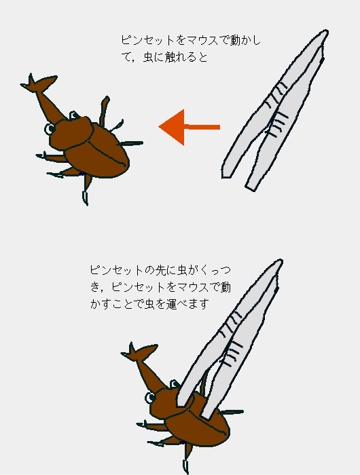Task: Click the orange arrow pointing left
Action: coord(190,128)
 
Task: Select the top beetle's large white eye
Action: coord(50,129)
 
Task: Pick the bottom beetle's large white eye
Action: coord(150,398)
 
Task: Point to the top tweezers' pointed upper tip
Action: coord(326,31)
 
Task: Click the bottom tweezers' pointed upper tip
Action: coord(281,261)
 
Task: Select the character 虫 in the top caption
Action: coord(148,57)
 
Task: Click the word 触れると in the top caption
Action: coord(186,57)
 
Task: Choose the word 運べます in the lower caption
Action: coord(187,303)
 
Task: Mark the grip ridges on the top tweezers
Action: coord(275,110)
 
